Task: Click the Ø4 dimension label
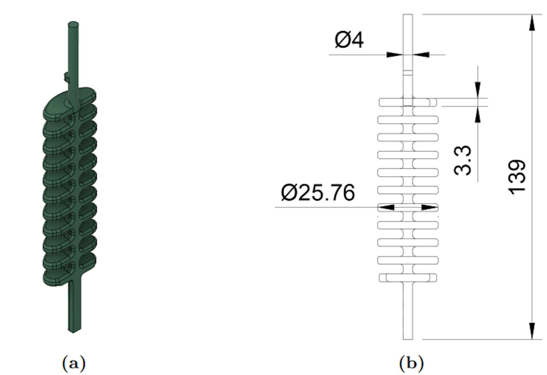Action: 349,40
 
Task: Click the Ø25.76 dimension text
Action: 318,193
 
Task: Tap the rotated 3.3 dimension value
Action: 462,160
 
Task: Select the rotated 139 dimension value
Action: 517,177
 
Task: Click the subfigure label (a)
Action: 74,363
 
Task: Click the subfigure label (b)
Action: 411,363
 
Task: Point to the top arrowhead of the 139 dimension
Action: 532,23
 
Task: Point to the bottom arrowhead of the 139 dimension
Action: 532,331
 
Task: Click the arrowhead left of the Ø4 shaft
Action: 395,54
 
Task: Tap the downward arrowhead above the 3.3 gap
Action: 478,90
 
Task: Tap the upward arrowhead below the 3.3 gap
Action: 478,115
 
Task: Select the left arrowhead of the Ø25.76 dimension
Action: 387,207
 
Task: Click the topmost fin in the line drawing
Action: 408,102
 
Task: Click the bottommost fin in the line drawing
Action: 408,278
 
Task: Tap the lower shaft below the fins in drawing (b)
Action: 408,310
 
